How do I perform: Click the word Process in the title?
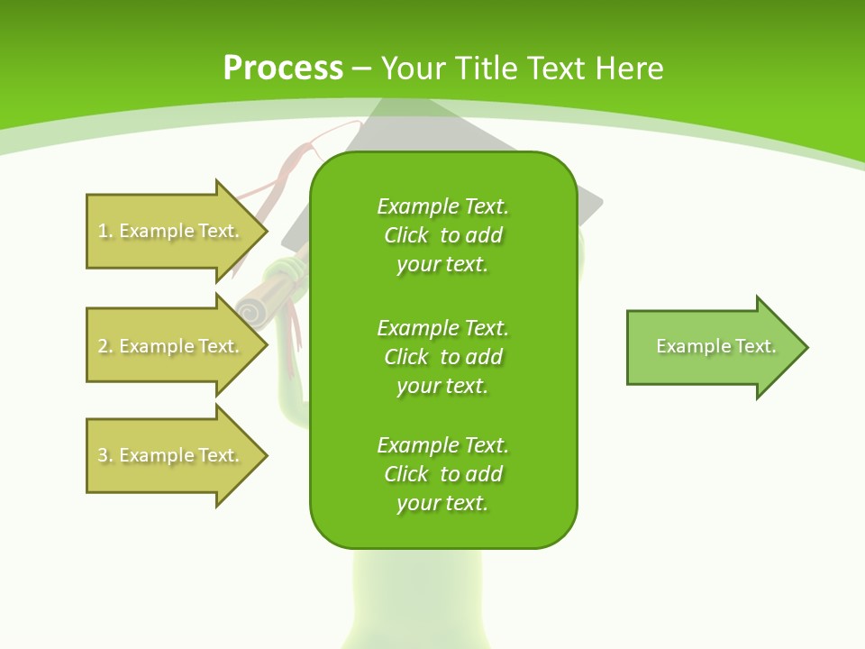coord(283,68)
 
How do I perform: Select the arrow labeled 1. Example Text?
coord(171,231)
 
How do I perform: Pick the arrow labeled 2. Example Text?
coord(171,346)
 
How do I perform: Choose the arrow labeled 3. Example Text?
coord(171,455)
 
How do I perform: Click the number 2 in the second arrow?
coord(103,346)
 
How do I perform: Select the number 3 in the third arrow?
coord(103,455)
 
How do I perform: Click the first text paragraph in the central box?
coord(442,235)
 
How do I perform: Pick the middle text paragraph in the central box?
coord(442,356)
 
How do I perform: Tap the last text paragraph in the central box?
coord(442,474)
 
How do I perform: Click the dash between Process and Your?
coord(362,68)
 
